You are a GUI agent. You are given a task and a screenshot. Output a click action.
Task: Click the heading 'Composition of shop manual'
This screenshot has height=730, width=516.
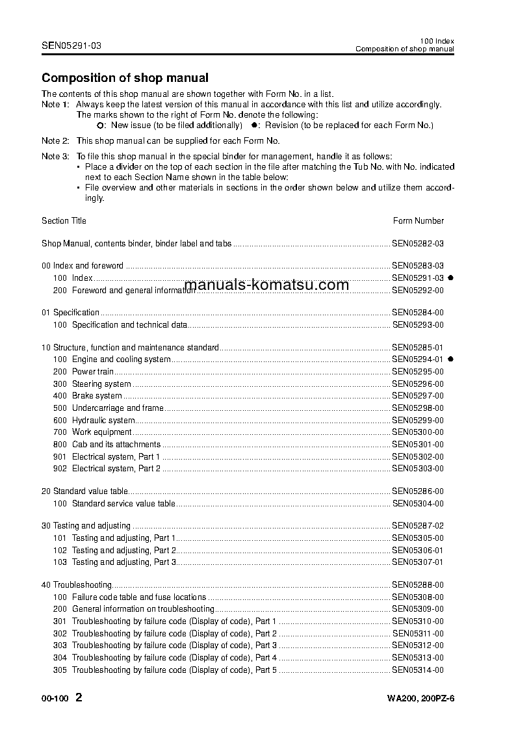point(125,78)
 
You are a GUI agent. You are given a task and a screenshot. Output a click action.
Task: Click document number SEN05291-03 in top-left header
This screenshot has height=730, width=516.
point(71,46)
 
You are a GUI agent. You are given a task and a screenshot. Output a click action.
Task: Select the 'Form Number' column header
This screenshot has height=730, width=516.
point(419,220)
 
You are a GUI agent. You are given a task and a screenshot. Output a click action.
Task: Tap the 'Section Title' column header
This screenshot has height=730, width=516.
point(64,220)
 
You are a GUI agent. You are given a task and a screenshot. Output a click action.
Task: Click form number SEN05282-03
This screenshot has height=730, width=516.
point(418,244)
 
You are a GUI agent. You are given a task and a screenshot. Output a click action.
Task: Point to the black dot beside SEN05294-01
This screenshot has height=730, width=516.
point(450,359)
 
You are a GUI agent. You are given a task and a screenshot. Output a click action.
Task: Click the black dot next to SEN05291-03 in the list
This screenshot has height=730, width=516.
point(450,278)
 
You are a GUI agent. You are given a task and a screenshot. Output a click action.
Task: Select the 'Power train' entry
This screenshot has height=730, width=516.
point(93,371)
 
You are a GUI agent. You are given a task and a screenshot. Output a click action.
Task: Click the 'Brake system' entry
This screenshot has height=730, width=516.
point(97,395)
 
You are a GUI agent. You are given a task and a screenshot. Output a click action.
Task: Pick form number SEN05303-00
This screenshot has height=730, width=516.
point(418,468)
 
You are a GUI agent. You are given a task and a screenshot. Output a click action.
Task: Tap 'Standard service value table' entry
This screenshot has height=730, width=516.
point(123,503)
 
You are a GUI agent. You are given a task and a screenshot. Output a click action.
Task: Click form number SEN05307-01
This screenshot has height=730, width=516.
point(418,562)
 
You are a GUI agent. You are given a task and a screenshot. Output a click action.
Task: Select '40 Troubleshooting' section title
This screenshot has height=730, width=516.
point(77,585)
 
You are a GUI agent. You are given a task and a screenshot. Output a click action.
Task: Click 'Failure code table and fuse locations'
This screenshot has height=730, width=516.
point(139,597)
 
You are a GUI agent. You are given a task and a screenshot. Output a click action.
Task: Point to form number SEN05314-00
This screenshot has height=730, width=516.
point(418,670)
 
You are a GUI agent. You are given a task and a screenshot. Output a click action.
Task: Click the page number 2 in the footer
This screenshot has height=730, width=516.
point(79,698)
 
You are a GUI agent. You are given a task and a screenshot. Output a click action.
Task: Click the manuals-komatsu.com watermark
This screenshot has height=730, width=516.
point(266,285)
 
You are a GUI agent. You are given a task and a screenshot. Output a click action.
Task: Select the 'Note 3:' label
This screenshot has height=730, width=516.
point(55,157)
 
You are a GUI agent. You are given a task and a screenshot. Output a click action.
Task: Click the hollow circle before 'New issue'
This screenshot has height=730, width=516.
point(99,125)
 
